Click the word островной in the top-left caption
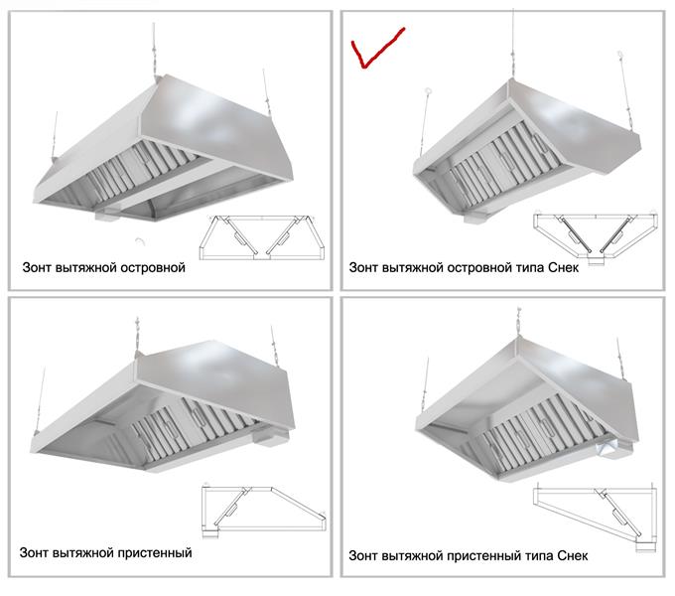[x=153, y=268]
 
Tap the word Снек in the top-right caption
[x=564, y=268]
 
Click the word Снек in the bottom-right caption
[x=572, y=556]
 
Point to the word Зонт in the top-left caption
[x=37, y=268]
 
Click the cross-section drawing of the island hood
[x=262, y=237]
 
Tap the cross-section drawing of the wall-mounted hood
[x=263, y=512]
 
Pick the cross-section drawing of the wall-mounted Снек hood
[x=596, y=519]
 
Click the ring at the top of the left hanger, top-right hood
[x=428, y=90]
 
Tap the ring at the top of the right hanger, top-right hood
[x=619, y=54]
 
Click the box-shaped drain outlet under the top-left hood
[x=107, y=215]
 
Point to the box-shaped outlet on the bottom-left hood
[x=270, y=437]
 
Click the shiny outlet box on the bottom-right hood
[x=607, y=448]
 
